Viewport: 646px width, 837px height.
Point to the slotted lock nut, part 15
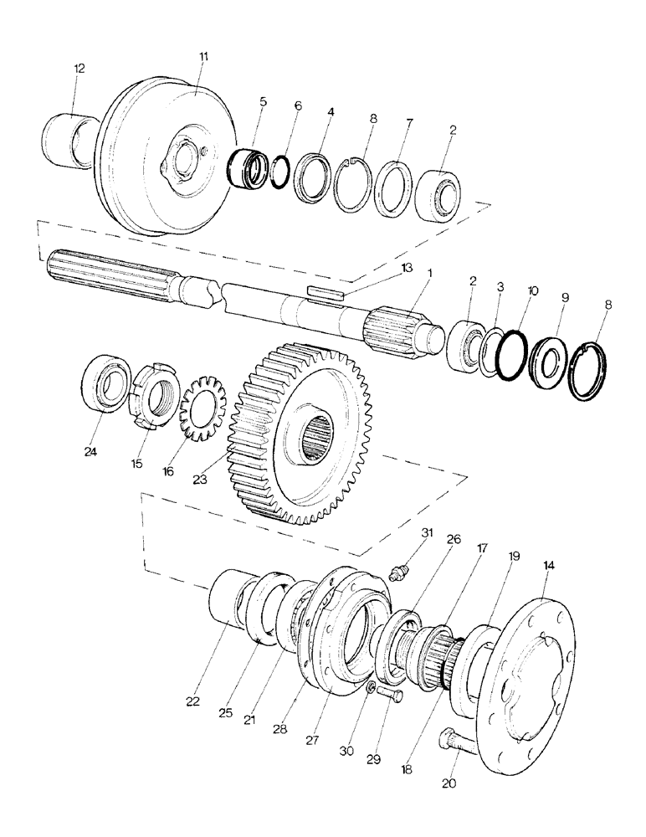click(x=155, y=393)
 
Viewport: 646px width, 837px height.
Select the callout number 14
click(x=549, y=566)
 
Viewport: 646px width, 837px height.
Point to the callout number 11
click(x=205, y=56)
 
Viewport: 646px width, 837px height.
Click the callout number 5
click(x=263, y=102)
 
